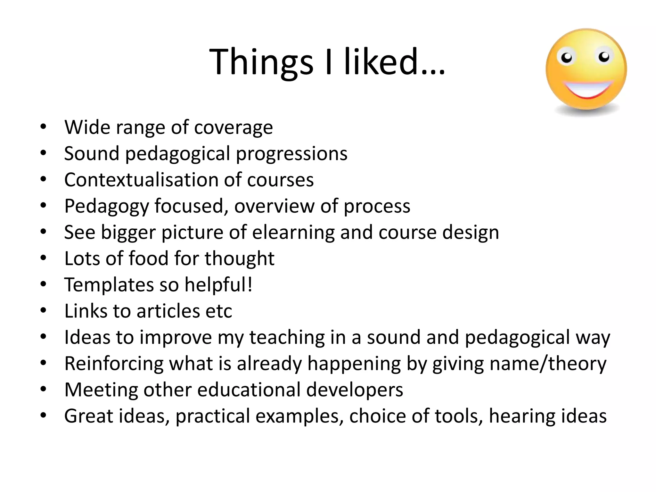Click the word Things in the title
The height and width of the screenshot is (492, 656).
pyautogui.click(x=261, y=62)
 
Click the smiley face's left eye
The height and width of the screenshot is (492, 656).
pyautogui.click(x=567, y=58)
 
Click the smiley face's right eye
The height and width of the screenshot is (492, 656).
pyautogui.click(x=604, y=57)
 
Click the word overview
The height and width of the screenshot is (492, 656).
pyautogui.click(x=274, y=206)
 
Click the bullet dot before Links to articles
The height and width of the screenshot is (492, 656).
pyautogui.click(x=44, y=310)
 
